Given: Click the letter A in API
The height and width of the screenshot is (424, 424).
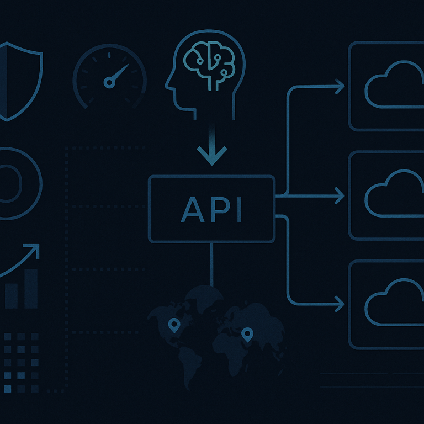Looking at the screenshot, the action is coord(192,210).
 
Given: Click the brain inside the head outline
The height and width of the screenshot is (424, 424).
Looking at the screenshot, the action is coord(209,65).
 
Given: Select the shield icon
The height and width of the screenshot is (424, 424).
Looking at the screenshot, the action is coord(20,81).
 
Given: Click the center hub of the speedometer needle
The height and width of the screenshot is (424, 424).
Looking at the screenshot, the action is coord(109,82).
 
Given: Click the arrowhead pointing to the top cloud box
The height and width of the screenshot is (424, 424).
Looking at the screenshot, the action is coord(340,87).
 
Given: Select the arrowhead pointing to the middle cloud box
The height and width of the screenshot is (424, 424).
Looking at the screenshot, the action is coord(340,195).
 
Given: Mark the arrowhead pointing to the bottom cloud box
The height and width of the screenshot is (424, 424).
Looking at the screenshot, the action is coord(340,304).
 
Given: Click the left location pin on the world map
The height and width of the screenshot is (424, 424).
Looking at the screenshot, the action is coord(174,325).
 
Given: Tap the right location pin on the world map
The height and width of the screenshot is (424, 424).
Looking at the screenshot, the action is coord(247,335).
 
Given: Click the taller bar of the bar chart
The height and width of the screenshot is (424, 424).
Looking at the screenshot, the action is coord(31,289).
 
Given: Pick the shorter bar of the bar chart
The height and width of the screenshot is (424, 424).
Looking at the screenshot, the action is coord(11,296).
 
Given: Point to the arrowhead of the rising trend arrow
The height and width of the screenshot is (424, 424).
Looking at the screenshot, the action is coord(34,250).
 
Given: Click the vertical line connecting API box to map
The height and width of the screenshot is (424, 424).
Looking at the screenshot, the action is coord(212,265).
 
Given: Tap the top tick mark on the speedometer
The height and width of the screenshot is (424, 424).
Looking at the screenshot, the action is coord(109,55).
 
